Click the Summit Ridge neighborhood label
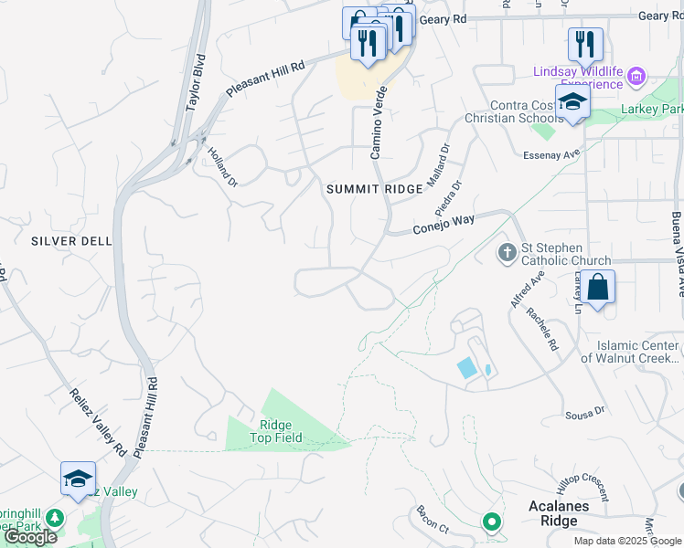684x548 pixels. pyautogui.click(x=375, y=189)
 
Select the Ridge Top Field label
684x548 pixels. pyautogui.click(x=275, y=431)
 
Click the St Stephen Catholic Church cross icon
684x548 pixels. pyautogui.click(x=508, y=251)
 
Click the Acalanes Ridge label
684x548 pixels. pyautogui.click(x=552, y=513)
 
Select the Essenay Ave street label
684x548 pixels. pyautogui.click(x=559, y=154)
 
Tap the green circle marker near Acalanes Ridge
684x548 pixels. pyautogui.click(x=492, y=522)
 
